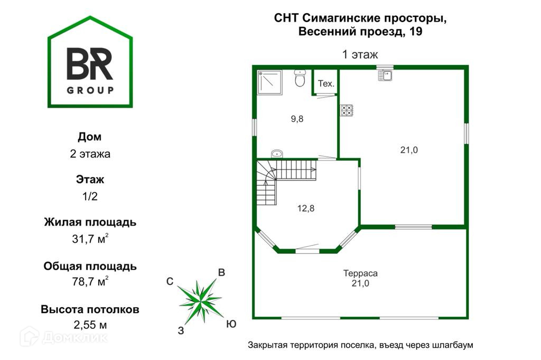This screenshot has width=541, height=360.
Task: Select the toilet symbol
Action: coord(300,79)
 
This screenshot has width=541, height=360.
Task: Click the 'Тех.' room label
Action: coord(326,84)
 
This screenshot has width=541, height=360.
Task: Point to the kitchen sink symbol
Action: coord(385,75)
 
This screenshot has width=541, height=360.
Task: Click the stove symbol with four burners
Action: coord(347,110)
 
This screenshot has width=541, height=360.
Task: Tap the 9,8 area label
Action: coord(297,119)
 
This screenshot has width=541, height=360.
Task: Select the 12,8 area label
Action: coord(305,208)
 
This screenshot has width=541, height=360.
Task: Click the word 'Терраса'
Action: coord(360,273)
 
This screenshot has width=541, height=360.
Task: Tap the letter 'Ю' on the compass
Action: coord(231,324)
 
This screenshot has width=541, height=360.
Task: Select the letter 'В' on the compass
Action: coord(222,273)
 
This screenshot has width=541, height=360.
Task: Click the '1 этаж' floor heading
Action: coord(360,54)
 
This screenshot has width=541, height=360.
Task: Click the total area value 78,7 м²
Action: coord(90,281)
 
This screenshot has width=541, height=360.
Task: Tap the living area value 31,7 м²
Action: coord(90,239)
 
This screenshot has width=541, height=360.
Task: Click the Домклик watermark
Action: coord(64,336)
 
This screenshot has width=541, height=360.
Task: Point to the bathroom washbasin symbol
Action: coord(277,154)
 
